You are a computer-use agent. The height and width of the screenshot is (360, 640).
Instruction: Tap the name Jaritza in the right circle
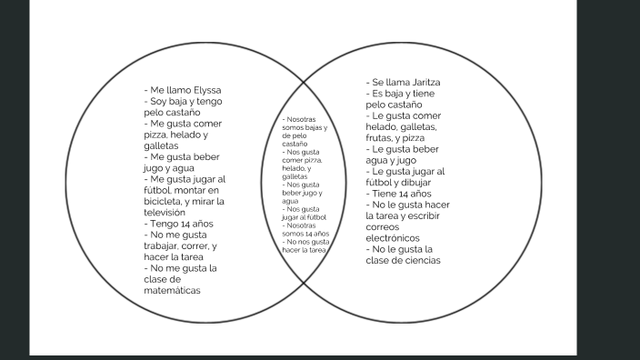click(x=422, y=83)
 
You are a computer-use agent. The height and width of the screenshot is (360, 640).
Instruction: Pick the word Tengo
click(x=167, y=224)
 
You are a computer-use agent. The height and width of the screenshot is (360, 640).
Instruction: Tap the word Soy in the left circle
click(x=161, y=102)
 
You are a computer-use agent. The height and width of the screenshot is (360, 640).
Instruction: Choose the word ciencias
click(x=419, y=260)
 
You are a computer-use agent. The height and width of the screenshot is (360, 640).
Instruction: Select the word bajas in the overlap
click(x=316, y=128)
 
